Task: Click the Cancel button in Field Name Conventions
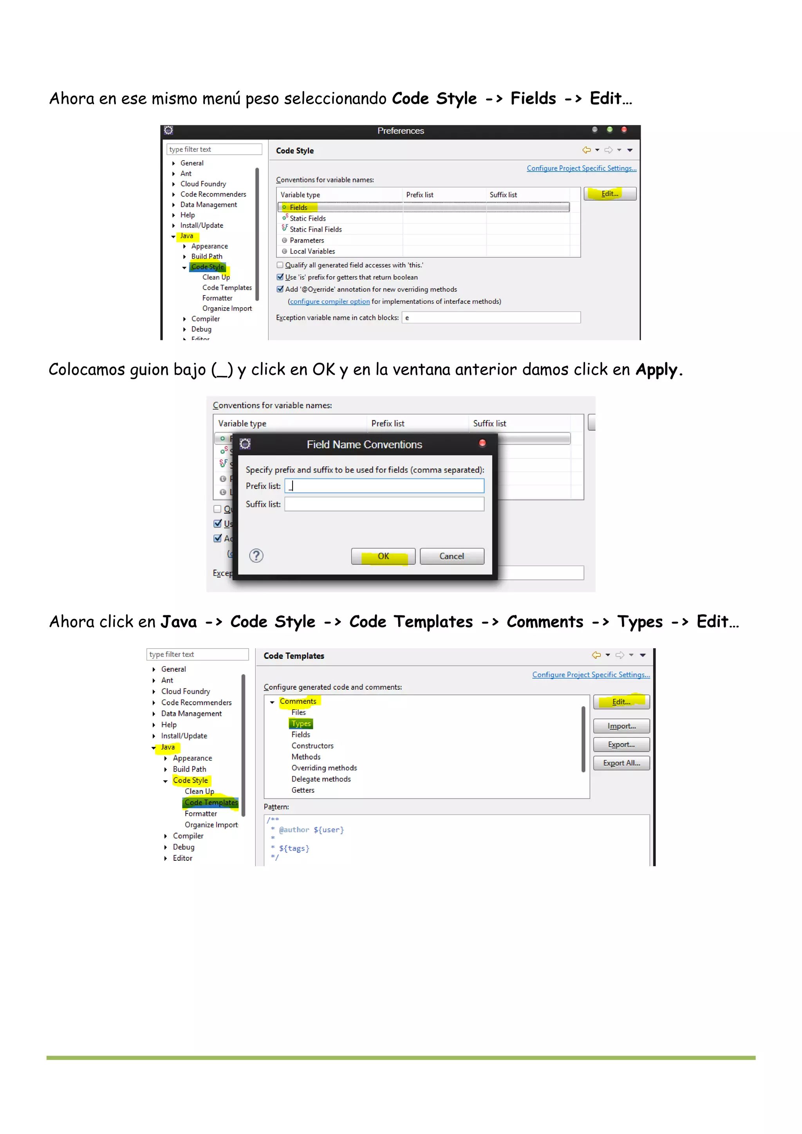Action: click(451, 556)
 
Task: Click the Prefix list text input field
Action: click(385, 486)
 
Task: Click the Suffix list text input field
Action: click(385, 504)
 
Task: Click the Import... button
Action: click(621, 726)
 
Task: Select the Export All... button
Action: click(621, 763)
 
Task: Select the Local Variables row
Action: click(312, 251)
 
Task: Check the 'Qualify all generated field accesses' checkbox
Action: click(280, 265)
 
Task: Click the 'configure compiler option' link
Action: click(330, 302)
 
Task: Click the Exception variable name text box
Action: click(491, 317)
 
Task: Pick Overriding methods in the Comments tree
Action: click(324, 768)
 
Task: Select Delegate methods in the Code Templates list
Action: click(321, 779)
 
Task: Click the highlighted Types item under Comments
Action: click(301, 723)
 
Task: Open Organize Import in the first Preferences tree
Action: click(227, 309)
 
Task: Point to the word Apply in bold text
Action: click(656, 370)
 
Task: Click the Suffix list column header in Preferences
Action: click(503, 195)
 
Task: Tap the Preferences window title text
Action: click(400, 131)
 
